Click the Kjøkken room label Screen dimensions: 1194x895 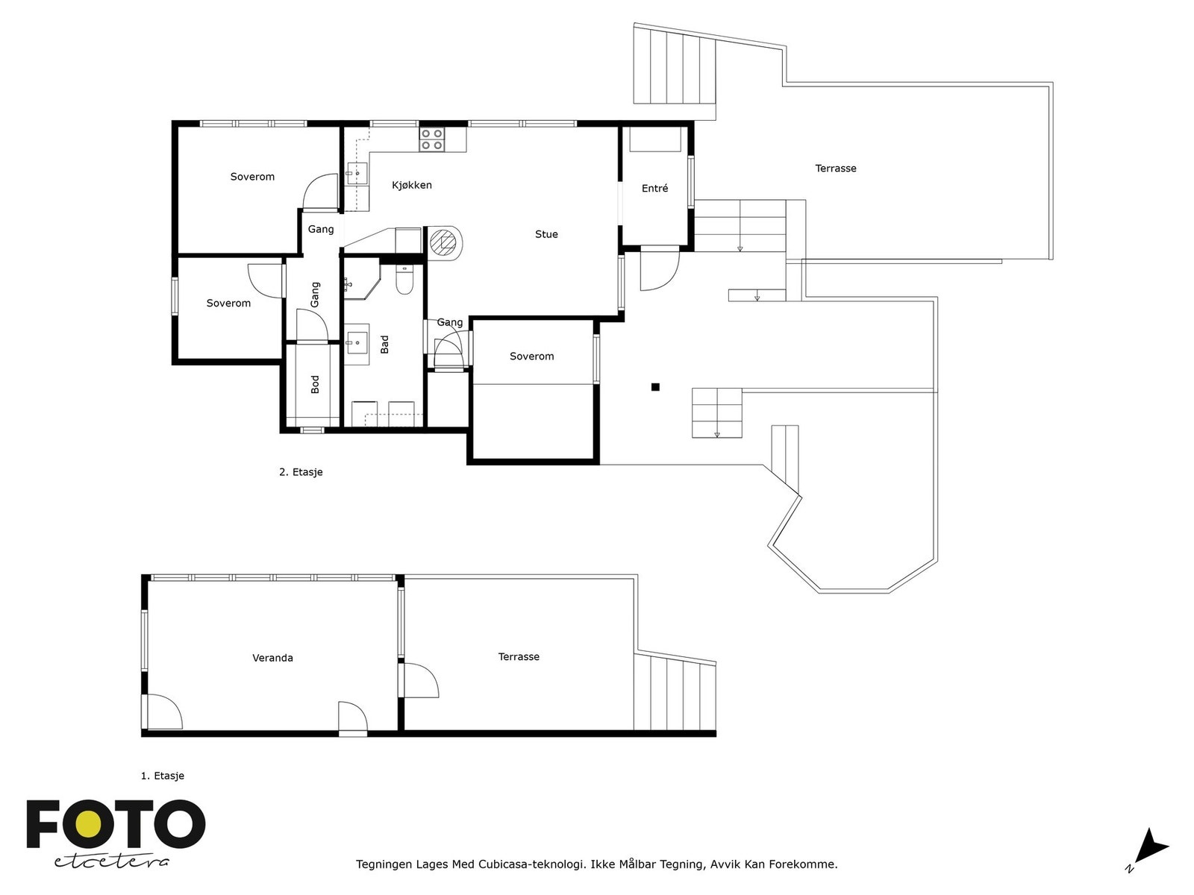(x=412, y=185)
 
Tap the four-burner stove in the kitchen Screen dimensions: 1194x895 (x=432, y=139)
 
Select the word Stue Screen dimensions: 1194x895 (x=546, y=234)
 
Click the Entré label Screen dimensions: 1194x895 (x=654, y=188)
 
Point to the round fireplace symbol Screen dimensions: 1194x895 (x=445, y=242)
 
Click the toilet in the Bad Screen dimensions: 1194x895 (x=404, y=279)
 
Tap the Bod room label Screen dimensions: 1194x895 (x=315, y=384)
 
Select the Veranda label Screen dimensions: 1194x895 (x=272, y=658)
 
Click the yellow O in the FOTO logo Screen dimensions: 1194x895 (x=90, y=824)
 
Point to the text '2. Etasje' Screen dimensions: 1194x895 (x=301, y=472)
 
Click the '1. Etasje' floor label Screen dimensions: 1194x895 (x=163, y=776)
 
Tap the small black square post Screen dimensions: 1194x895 (x=655, y=387)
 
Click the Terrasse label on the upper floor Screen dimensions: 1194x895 (x=836, y=169)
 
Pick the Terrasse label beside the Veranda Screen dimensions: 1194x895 (x=519, y=656)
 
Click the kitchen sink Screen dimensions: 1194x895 (x=357, y=173)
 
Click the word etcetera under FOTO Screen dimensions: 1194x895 (x=111, y=862)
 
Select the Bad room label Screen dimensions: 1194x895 (x=384, y=345)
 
